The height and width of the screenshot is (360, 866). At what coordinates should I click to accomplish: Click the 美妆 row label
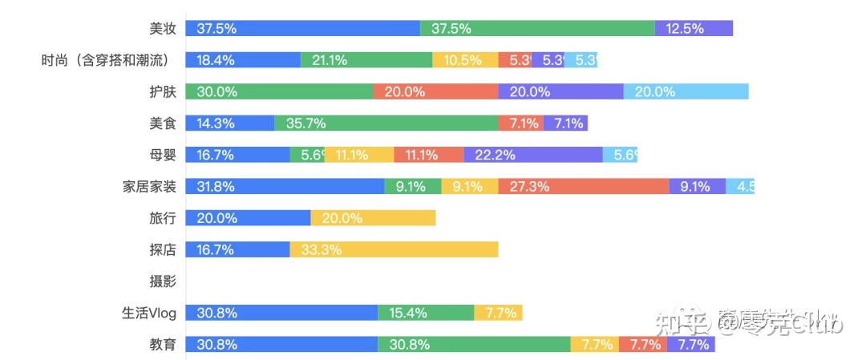point(162,29)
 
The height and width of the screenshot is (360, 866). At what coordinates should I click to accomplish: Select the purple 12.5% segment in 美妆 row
point(694,29)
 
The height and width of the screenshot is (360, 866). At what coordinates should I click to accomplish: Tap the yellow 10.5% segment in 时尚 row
point(465,60)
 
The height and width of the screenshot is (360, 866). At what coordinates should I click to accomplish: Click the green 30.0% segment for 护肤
point(279,91)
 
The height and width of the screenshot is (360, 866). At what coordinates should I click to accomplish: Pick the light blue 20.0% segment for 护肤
point(686,91)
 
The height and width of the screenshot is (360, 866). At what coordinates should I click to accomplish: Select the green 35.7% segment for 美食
point(386,123)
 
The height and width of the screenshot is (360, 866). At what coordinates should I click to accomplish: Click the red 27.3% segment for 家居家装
point(583,187)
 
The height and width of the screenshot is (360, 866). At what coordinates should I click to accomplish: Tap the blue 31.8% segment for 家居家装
point(285,187)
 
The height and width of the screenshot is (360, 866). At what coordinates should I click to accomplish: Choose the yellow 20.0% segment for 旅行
point(373,218)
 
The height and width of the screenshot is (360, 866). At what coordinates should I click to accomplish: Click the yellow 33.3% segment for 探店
point(394,249)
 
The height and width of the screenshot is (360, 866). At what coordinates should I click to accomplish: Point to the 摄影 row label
point(162,281)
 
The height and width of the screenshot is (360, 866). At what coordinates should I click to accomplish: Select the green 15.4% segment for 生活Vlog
point(426,313)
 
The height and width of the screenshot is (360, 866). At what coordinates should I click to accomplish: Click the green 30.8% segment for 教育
point(474,345)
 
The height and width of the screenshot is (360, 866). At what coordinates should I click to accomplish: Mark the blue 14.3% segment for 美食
point(229,123)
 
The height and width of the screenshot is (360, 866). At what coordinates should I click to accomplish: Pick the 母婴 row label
point(162,155)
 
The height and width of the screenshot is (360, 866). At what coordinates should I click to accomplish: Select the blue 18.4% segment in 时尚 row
point(243,60)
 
